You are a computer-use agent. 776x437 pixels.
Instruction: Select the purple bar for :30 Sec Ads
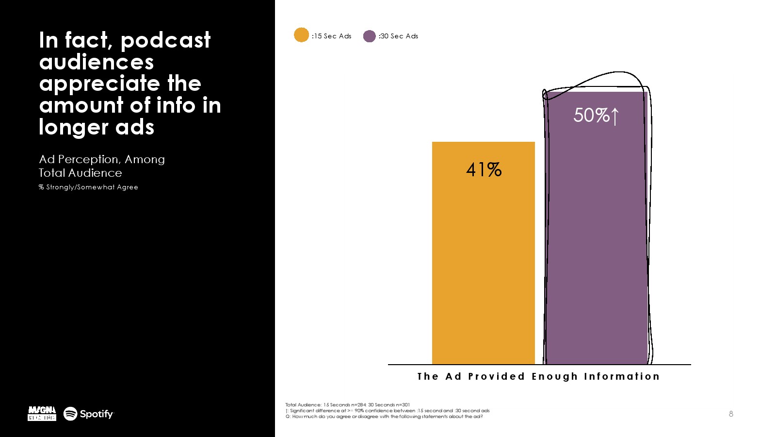pyautogui.click(x=597, y=243)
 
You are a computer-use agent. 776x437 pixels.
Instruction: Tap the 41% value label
pyautogui.click(x=484, y=169)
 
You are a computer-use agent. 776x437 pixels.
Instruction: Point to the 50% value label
pyautogui.click(x=591, y=116)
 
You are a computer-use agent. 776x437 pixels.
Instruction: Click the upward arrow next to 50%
pyautogui.click(x=615, y=116)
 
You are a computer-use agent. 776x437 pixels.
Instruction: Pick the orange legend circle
pyautogui.click(x=301, y=35)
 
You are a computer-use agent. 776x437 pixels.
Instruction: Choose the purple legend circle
pyautogui.click(x=370, y=36)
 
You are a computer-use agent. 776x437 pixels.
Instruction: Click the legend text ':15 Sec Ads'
pyautogui.click(x=332, y=36)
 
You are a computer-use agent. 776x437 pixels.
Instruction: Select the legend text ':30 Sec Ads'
pyautogui.click(x=398, y=36)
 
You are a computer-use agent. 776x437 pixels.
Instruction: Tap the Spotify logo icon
pyautogui.click(x=70, y=414)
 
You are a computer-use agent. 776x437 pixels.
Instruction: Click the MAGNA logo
pyautogui.click(x=42, y=414)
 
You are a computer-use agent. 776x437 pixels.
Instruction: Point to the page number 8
pyautogui.click(x=731, y=414)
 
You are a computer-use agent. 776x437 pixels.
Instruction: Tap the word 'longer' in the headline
pyautogui.click(x=73, y=128)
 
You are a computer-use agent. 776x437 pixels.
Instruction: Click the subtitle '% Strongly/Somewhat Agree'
pyautogui.click(x=88, y=187)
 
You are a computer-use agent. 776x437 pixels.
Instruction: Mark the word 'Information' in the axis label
pyautogui.click(x=622, y=376)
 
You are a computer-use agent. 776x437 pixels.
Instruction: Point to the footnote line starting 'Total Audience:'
pyautogui.click(x=347, y=404)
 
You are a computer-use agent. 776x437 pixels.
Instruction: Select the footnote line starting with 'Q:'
pyautogui.click(x=384, y=417)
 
